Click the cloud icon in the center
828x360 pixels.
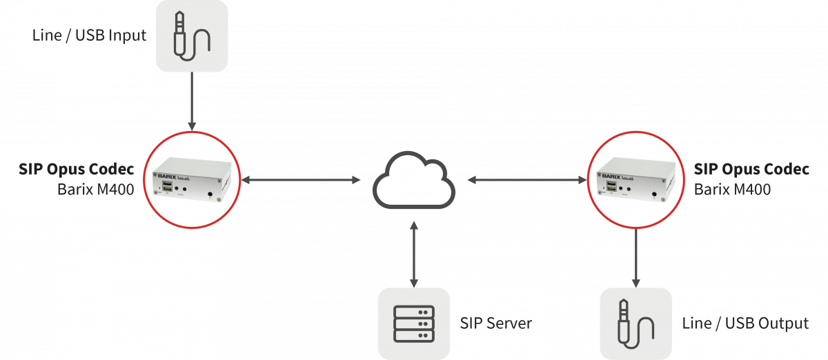[x=414, y=181]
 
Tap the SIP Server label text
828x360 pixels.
[x=495, y=323]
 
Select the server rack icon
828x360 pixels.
[x=413, y=323]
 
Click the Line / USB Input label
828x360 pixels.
[x=89, y=35]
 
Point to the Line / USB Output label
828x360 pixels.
[x=745, y=323]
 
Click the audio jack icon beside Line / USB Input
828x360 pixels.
[x=191, y=35]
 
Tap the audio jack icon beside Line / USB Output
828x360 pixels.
[x=636, y=323]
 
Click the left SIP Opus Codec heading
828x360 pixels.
[x=77, y=170]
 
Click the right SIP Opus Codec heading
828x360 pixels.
[x=751, y=170]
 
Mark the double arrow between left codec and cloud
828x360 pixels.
[x=301, y=181]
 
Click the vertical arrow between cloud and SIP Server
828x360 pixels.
[x=414, y=254]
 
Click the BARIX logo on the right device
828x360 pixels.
[x=611, y=176]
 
